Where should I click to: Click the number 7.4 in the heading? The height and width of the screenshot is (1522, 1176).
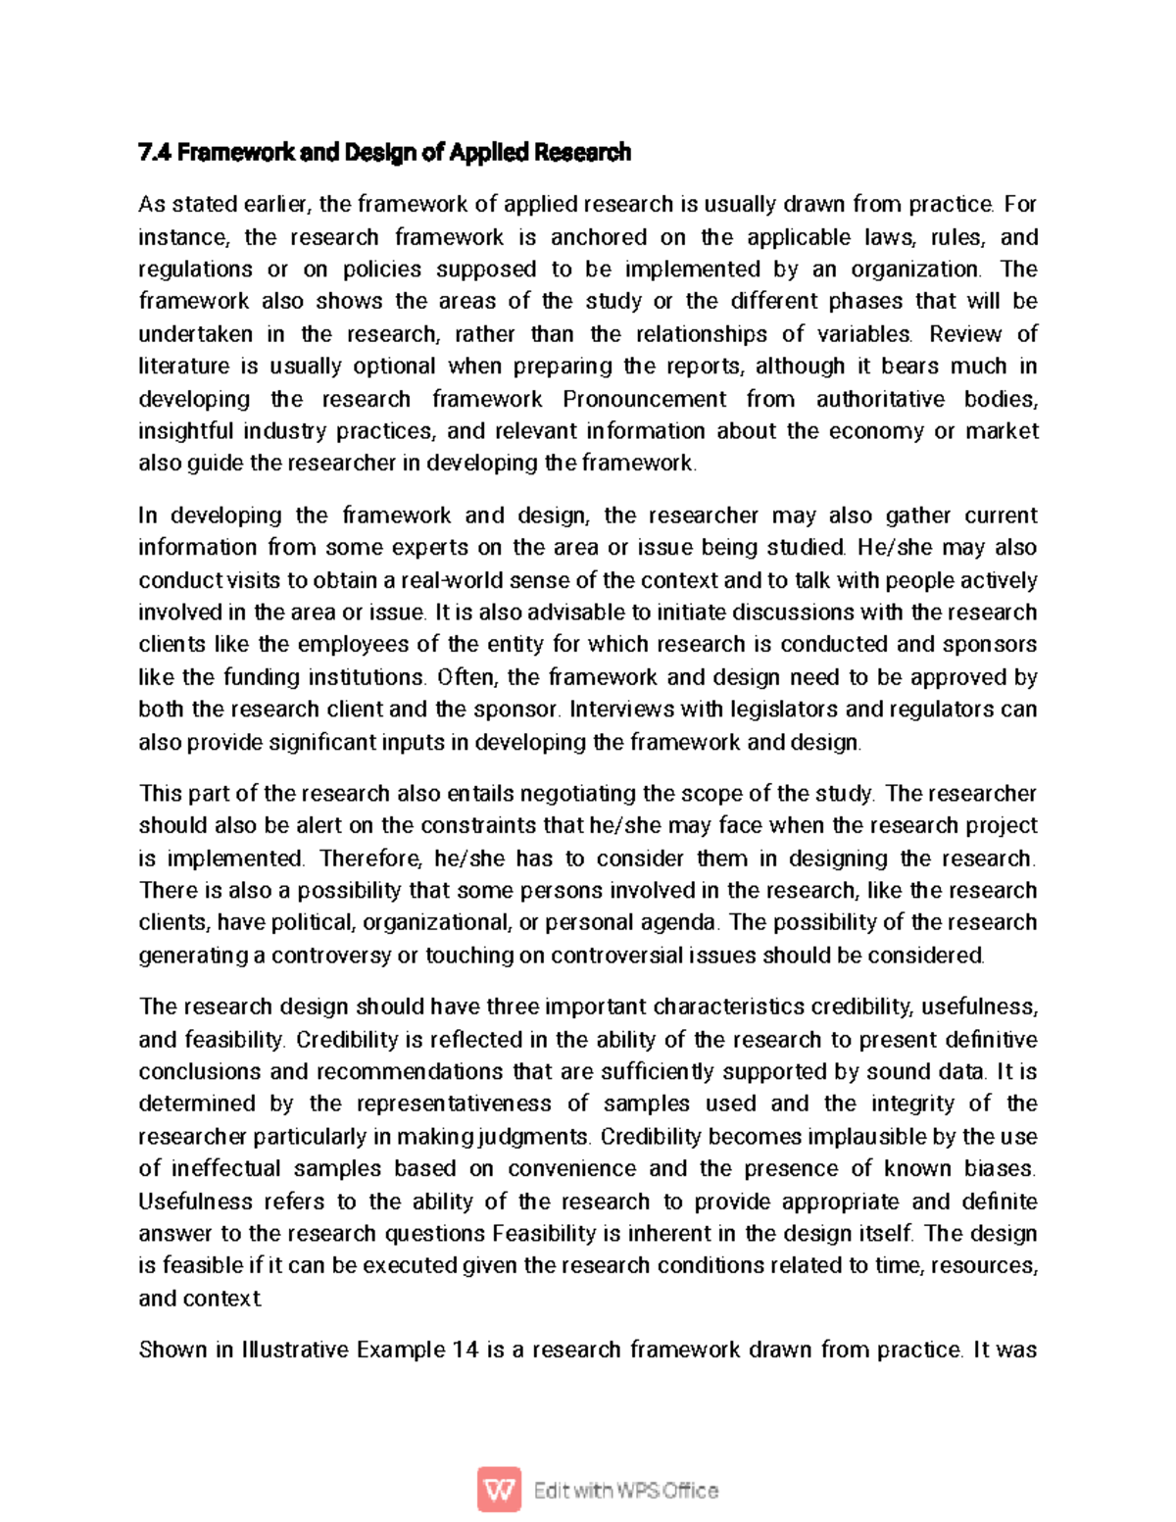pos(155,153)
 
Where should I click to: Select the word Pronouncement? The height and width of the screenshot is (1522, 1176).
pos(644,399)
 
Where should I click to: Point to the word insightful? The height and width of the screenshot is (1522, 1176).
pos(185,431)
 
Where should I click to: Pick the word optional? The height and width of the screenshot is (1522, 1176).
pos(394,367)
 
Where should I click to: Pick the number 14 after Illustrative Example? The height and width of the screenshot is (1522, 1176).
pos(465,1350)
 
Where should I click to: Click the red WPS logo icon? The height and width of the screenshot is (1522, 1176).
pos(500,1490)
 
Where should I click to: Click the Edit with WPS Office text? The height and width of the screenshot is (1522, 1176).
pos(625,1491)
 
